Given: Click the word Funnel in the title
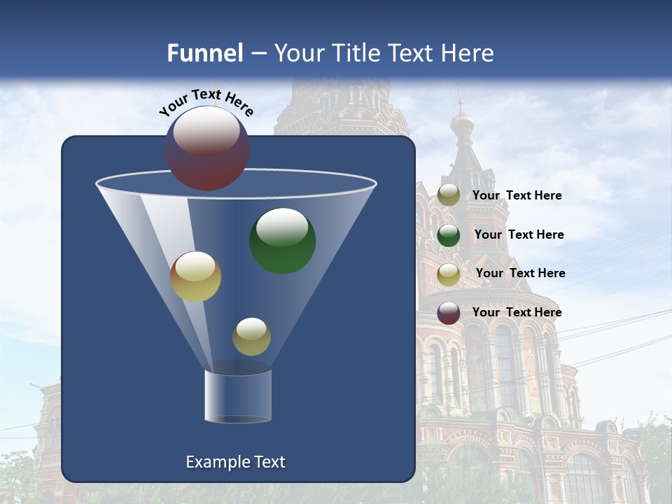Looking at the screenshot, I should click(x=204, y=53).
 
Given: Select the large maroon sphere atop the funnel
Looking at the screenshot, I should click(x=207, y=148).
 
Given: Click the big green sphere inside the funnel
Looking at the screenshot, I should click(x=282, y=241).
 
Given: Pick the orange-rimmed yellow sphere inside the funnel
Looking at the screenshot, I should click(x=195, y=276).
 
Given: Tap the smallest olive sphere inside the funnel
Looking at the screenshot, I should click(x=251, y=336).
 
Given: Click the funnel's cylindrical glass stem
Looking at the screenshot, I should click(x=237, y=395).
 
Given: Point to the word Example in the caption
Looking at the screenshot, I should click(x=216, y=462).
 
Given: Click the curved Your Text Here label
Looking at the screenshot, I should click(x=206, y=103).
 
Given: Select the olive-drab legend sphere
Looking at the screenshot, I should click(x=449, y=195).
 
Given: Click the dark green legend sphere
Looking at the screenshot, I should click(x=449, y=234).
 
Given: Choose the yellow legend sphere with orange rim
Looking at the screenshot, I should click(x=449, y=274).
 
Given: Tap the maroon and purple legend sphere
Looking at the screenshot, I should click(x=449, y=313).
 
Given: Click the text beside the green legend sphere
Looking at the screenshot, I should click(x=519, y=234).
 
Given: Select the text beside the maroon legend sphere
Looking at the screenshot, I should click(x=517, y=312).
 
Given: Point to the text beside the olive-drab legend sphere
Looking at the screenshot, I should click(x=517, y=195).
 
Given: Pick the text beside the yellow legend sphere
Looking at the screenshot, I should click(x=520, y=273).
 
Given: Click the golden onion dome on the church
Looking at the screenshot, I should click(x=462, y=124).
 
